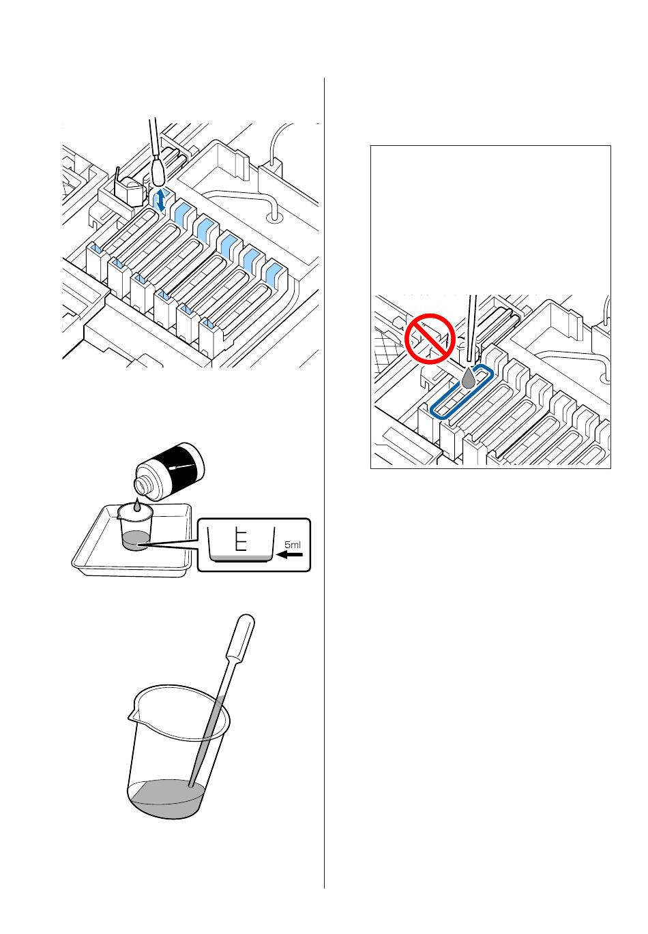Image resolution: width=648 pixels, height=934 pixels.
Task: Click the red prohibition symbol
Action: pos(429,339)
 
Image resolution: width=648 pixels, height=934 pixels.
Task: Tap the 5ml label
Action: pos(292,545)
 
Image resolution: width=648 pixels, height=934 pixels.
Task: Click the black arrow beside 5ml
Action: pos(289,555)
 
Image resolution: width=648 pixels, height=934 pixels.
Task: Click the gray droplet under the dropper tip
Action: pos(469,378)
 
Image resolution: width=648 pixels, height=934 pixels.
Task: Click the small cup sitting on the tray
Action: pos(136,527)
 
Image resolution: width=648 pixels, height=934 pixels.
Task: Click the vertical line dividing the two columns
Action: pos(324,483)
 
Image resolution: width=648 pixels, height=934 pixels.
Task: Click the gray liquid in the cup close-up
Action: pos(240,558)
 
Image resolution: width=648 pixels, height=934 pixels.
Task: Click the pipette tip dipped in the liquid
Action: pos(191,785)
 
